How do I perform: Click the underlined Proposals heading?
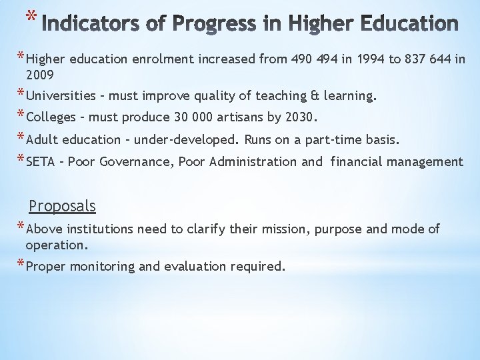point(63,207)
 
